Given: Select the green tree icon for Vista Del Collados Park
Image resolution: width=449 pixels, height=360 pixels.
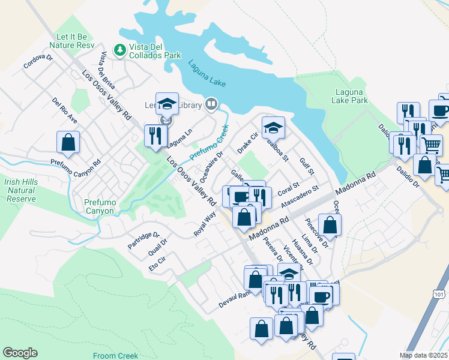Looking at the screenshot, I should tap(120, 49).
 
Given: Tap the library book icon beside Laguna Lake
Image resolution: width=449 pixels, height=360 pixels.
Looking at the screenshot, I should tap(211, 105).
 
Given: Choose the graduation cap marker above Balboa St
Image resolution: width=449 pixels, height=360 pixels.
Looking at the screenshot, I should tap(273, 127).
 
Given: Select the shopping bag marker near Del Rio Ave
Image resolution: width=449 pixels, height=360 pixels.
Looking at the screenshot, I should tap(68, 143).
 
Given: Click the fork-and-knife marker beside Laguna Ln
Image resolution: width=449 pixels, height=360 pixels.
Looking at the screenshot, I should tap(156, 135).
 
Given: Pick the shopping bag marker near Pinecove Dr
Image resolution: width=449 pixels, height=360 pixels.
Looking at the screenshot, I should tap(330, 225).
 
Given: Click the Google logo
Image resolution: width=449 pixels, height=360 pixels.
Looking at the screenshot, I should tap(20, 353).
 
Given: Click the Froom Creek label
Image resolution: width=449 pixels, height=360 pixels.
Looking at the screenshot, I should tap(115, 356).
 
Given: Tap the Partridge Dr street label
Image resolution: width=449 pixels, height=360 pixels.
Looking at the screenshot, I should tap(143, 241).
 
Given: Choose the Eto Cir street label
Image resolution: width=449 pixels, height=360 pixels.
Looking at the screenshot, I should tap(157, 265).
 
